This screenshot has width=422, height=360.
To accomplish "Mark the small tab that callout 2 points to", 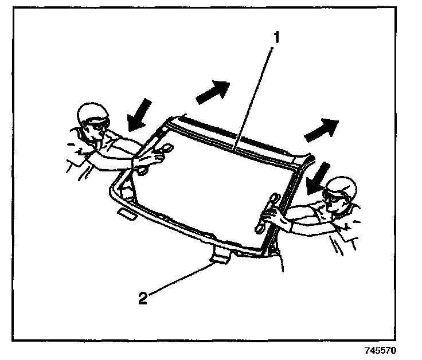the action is [x=220, y=258].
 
